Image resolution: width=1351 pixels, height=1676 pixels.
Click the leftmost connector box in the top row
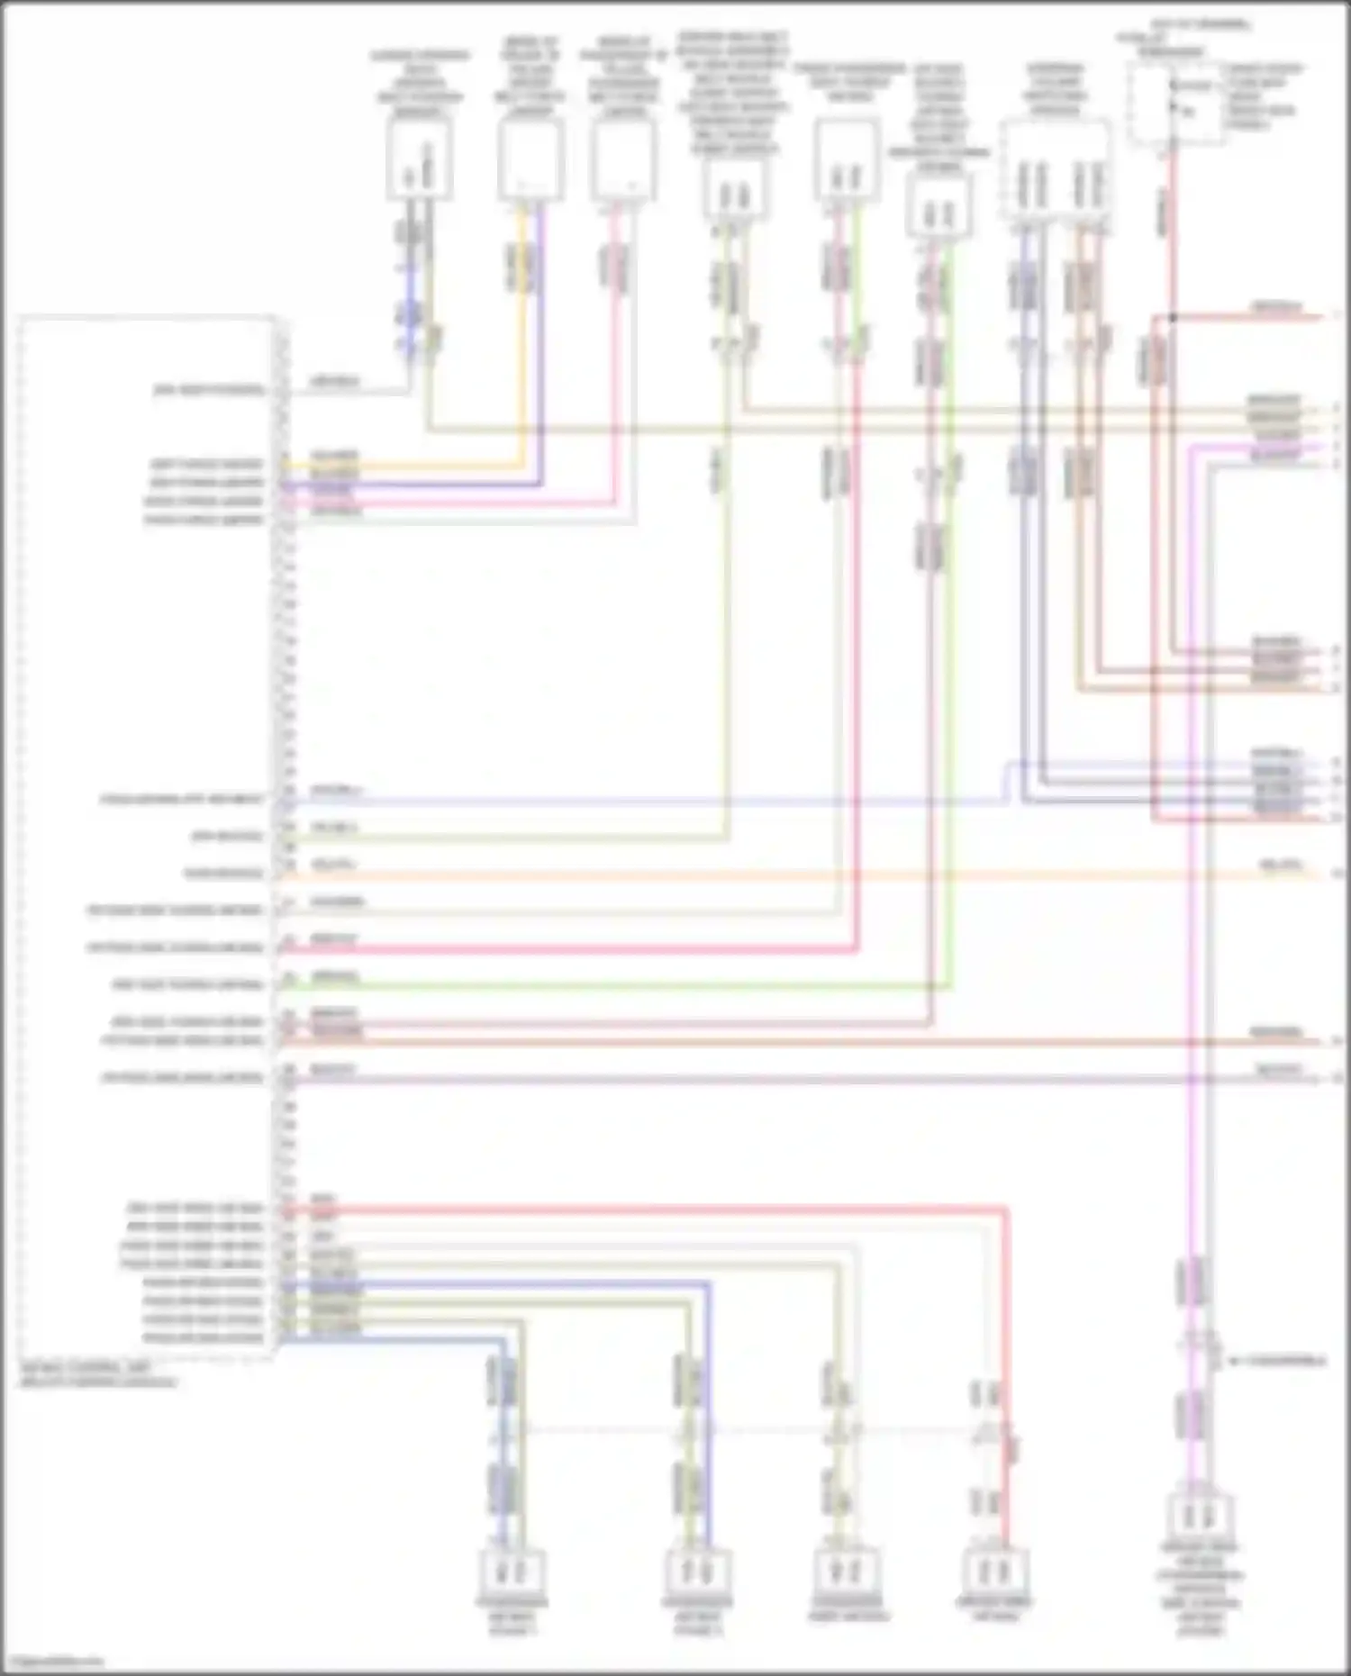click(419, 159)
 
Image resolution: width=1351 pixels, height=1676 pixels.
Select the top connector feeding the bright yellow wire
click(530, 159)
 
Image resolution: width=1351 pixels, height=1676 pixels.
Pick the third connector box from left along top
click(623, 159)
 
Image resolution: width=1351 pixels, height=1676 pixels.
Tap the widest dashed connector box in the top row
click(1056, 170)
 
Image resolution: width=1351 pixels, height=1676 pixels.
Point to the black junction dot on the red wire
click(1173, 317)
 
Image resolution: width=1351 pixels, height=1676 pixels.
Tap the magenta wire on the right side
click(1192, 901)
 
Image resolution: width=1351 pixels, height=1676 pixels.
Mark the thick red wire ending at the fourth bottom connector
click(1006, 1351)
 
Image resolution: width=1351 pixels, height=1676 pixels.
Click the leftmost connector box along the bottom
click(512, 1572)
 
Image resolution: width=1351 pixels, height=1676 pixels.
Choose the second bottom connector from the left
click(698, 1572)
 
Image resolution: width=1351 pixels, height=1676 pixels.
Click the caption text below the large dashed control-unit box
click(99, 1374)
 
